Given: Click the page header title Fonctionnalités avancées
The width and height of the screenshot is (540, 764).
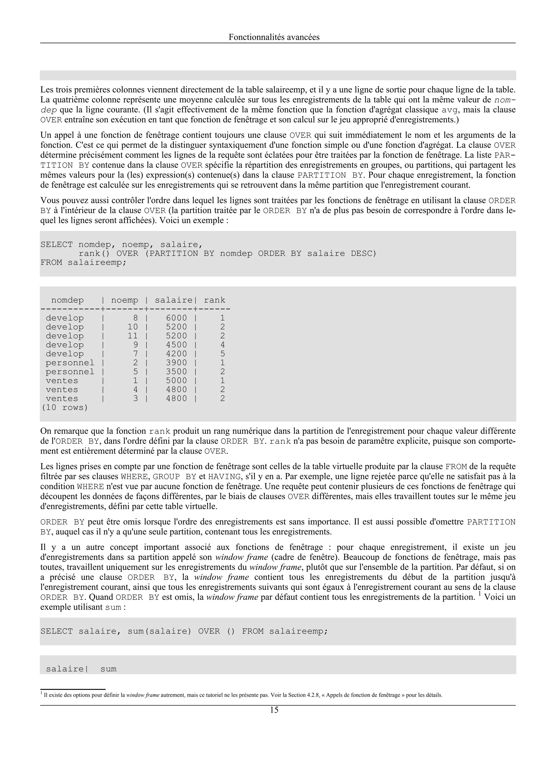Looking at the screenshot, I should pyautogui.click(x=274, y=37).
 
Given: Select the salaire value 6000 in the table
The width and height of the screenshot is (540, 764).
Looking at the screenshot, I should pyautogui.click(x=177, y=318).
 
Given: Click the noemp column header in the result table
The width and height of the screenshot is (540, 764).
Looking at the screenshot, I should pyautogui.click(x=124, y=300).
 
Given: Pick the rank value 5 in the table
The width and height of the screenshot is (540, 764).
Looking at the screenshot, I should pyautogui.click(x=223, y=354).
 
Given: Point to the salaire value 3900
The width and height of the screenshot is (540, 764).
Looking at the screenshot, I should pyautogui.click(x=177, y=363).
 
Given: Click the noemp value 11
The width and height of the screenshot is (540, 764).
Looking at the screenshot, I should pyautogui.click(x=133, y=336).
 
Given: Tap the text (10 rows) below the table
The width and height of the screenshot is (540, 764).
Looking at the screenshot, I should pyautogui.click(x=65, y=408).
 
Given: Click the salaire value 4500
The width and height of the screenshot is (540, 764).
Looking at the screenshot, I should pyautogui.click(x=177, y=345).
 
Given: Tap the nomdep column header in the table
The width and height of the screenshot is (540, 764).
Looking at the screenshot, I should pyautogui.click(x=67, y=300).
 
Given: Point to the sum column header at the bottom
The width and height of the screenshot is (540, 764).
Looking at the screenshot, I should pyautogui.click(x=108, y=669).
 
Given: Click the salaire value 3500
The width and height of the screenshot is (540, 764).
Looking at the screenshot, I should pyautogui.click(x=177, y=372).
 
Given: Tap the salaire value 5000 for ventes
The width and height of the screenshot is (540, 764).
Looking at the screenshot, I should pyautogui.click(x=177, y=381).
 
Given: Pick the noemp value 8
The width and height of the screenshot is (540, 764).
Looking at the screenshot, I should pyautogui.click(x=136, y=318).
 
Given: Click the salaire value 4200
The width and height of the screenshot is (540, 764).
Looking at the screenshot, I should pyautogui.click(x=177, y=354).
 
